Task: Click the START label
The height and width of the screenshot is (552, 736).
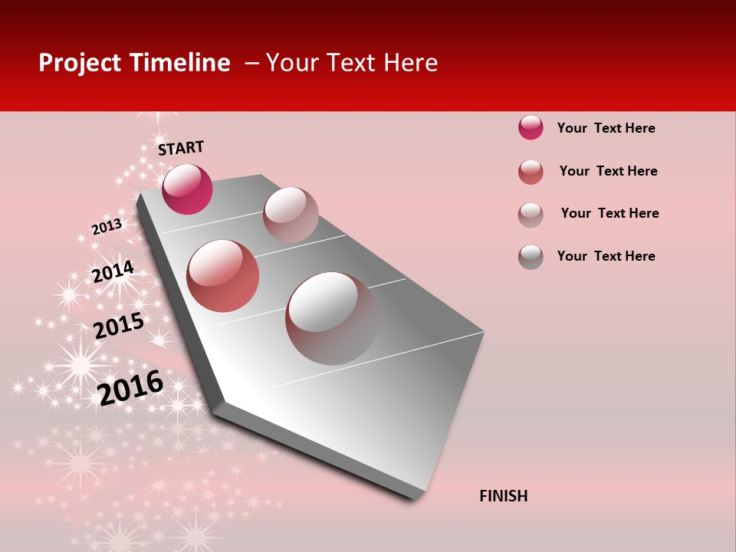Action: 181,148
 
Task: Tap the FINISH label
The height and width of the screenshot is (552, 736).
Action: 503,496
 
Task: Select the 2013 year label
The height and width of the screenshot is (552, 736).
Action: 107,226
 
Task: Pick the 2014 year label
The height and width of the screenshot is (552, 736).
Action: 113,271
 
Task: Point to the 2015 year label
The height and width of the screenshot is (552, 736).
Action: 118,325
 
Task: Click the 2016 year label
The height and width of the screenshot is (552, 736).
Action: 130,387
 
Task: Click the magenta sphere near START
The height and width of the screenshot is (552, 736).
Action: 187,189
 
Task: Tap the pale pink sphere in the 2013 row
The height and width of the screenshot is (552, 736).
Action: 291,215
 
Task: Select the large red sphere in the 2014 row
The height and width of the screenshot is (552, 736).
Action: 223,275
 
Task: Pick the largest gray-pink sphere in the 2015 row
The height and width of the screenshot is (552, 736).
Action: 332,318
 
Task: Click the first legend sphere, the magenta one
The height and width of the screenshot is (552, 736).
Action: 531,127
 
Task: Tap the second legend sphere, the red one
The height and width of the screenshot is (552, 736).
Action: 531,172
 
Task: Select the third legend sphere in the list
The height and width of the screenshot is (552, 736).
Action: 531,215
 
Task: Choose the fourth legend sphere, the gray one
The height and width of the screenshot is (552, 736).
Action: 531,257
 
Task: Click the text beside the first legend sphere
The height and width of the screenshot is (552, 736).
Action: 606,128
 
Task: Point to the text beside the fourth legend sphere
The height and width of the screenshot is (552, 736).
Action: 606,256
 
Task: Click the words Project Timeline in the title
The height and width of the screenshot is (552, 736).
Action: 134,63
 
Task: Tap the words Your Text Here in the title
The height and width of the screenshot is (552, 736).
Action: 352,63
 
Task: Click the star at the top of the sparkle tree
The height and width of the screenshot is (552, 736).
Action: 159,117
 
